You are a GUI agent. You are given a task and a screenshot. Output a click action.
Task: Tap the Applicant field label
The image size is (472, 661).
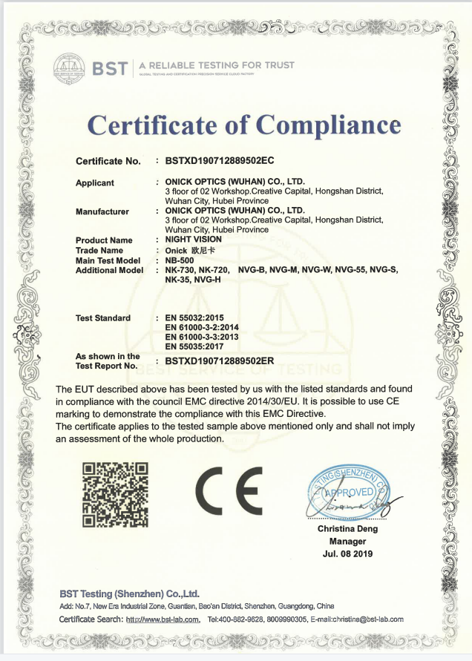coord(95,182)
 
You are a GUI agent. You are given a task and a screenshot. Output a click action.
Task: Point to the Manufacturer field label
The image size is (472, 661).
coord(102,211)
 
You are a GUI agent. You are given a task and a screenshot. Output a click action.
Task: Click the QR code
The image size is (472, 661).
coord(115,494)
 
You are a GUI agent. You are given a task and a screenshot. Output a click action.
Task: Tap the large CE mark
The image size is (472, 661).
coord(229,493)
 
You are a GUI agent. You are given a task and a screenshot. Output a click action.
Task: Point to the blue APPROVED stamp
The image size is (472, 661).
coord(347,493)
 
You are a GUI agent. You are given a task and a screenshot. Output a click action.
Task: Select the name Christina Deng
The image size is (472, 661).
coord(347,529)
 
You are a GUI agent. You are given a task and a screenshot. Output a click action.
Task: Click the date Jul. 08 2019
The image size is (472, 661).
coord(347,553)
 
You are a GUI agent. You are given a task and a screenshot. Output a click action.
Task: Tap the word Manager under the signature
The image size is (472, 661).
coord(347,542)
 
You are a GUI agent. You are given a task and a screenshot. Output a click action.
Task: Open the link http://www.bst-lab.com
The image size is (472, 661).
coord(163,619)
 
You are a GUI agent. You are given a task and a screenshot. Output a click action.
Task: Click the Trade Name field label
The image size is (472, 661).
coord(100,250)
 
